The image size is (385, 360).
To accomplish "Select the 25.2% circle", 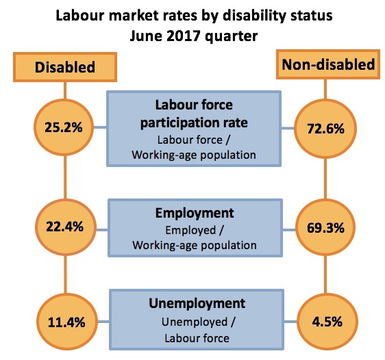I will tap(64, 127).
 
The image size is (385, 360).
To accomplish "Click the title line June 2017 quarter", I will tap(192, 36).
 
